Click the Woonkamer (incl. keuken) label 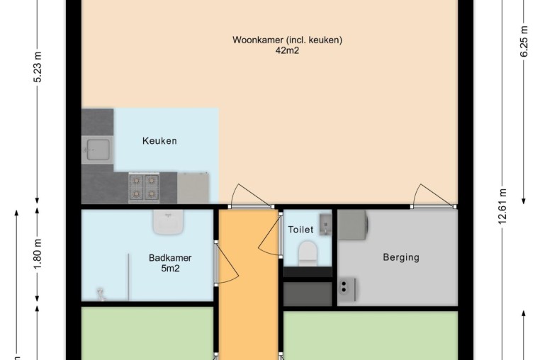(287, 40)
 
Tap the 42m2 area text (287, 50)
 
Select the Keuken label (159, 141)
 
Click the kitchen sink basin (98, 150)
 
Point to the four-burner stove (144, 188)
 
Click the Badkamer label (170, 258)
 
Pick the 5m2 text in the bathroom (171, 269)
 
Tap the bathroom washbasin (168, 223)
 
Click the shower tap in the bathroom (101, 295)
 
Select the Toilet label (300, 230)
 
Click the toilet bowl (307, 253)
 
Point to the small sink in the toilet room (325, 224)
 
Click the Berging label (401, 257)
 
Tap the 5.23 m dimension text (38, 67)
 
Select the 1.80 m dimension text (38, 254)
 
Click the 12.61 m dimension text (502, 206)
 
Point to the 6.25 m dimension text (524, 41)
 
